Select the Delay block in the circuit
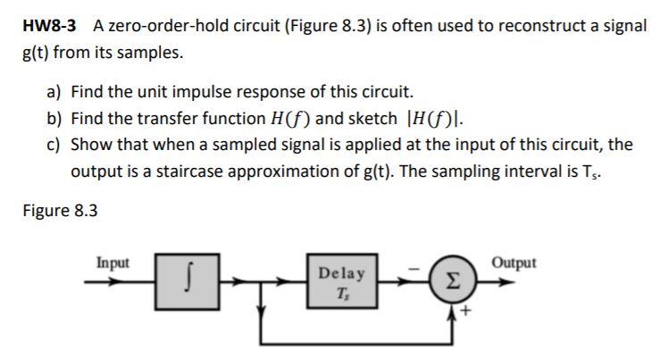tap(340, 280)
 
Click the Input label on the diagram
tap(113, 263)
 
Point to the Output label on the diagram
tap(514, 263)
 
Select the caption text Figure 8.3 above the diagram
tap(60, 211)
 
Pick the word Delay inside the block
tap(340, 272)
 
